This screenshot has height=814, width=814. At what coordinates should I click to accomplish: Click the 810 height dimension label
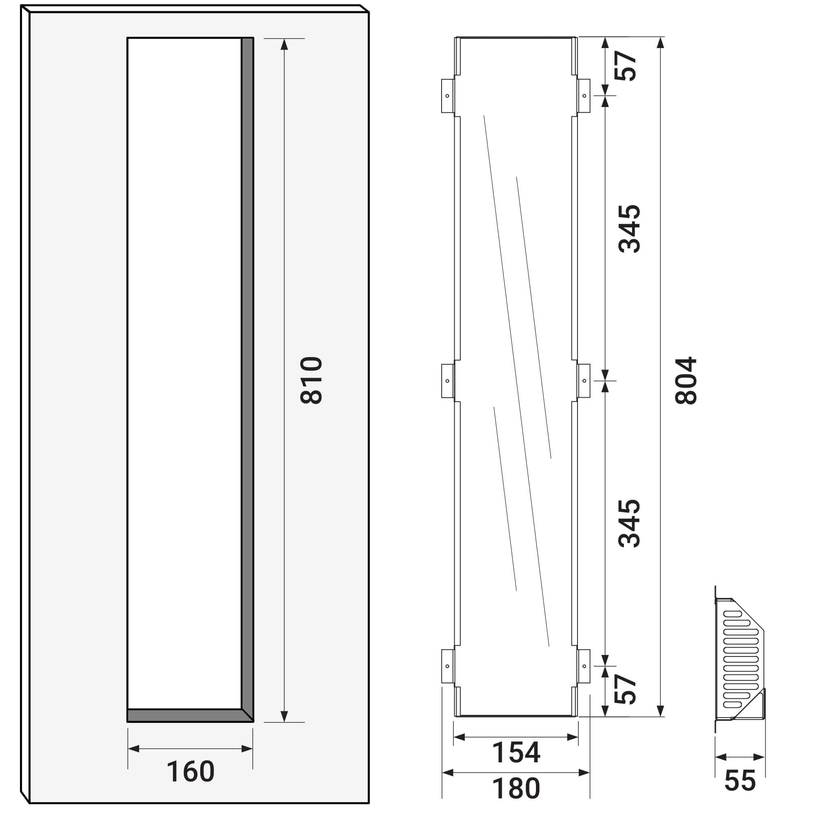[x=311, y=381]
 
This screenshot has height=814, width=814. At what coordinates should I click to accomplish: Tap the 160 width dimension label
[x=190, y=771]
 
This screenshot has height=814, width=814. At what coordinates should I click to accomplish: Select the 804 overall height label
[x=686, y=381]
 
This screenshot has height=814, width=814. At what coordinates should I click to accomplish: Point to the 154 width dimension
[x=516, y=753]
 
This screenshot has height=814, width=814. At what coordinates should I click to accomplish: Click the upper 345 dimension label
[x=629, y=229]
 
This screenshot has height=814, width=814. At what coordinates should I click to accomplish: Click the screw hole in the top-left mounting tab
[x=447, y=96]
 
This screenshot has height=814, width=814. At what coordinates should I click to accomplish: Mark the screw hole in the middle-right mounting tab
[x=584, y=381]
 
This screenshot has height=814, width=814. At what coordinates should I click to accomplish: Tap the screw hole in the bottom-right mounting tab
[x=584, y=666]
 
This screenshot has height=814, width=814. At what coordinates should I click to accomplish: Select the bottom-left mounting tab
[x=447, y=666]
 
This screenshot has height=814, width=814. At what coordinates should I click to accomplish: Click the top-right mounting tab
[x=584, y=96]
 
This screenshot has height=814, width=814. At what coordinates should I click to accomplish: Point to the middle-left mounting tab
[x=447, y=381]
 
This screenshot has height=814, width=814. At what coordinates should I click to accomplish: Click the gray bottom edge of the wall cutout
[x=185, y=716]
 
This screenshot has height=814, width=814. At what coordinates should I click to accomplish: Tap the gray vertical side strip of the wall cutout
[x=247, y=371]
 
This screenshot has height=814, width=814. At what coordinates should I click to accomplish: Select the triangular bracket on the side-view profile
[x=753, y=708]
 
